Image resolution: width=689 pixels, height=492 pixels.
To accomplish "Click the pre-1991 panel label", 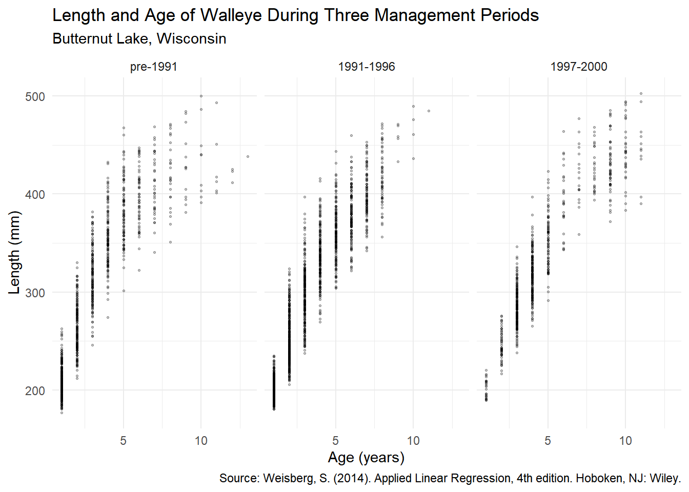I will coord(154,67).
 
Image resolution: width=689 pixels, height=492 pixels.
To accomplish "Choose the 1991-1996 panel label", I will coord(367,67).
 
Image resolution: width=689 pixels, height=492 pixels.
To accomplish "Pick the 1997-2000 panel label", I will coord(579,67).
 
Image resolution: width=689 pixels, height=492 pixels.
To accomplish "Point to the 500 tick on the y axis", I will coord(35,96).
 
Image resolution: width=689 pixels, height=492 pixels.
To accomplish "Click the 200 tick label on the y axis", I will coord(35,391).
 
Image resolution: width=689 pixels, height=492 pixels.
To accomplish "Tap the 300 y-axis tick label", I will coord(35,293).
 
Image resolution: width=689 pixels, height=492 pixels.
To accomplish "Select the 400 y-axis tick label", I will coord(35,195).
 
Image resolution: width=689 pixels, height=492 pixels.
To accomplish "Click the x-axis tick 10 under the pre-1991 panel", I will coord(201,441).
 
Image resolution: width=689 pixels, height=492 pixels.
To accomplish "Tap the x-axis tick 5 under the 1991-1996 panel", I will coord(335,441).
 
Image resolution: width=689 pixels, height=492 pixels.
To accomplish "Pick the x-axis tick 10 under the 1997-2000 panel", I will coord(625,441).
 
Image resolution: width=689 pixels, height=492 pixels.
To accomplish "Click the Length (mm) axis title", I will coord(14,252).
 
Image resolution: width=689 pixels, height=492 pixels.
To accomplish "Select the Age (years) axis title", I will coord(366,457).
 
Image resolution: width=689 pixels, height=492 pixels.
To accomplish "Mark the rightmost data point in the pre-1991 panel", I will coord(248,156).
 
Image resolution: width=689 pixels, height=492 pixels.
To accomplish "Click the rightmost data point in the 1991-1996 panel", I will coord(429,111).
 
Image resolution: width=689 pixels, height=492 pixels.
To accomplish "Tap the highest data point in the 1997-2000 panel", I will coord(641,93).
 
